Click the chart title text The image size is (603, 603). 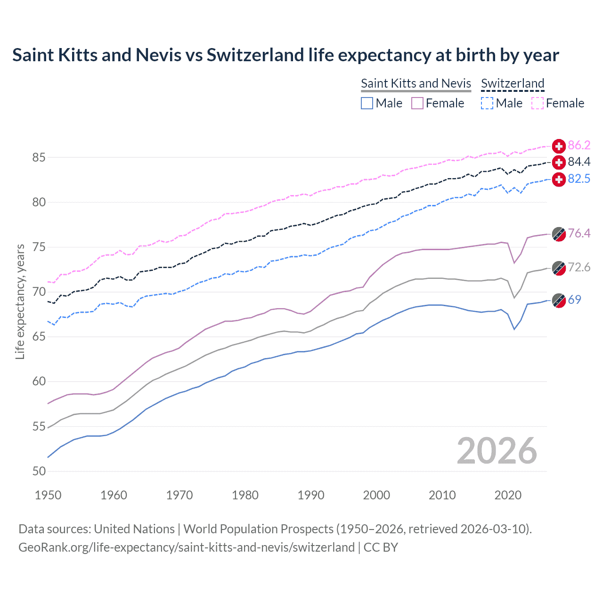point(285,55)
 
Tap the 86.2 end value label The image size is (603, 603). point(579,145)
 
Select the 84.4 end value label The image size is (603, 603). point(579,162)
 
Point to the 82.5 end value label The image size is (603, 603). point(579,179)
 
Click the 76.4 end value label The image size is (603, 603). point(579,234)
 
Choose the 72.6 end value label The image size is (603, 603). point(579,268)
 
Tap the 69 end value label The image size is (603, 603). point(574,300)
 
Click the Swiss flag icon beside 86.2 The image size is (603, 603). point(559,146)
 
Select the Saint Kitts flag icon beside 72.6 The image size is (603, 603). point(559,268)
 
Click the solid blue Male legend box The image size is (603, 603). point(367,103)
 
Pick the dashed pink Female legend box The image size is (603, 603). point(538,103)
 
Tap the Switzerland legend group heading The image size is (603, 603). point(513,83)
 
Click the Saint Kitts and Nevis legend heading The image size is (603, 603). point(416,83)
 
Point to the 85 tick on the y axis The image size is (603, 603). point(39,157)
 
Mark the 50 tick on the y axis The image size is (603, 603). point(39,471)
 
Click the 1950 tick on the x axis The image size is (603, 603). point(48,495)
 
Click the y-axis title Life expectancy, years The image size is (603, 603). point(20,301)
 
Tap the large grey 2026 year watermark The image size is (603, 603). point(497,451)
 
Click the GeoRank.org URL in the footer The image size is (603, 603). point(187,547)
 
